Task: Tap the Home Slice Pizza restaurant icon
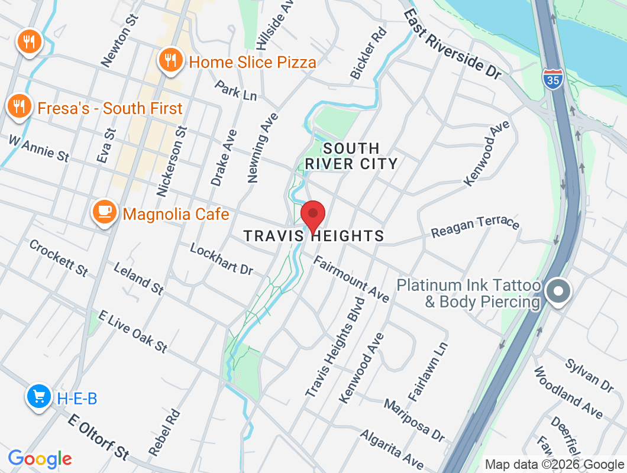click(170, 59)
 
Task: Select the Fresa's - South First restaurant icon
click(20, 106)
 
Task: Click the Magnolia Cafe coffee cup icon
click(105, 211)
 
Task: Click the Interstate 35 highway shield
click(552, 79)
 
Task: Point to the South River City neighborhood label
click(351, 156)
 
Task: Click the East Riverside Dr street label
click(453, 44)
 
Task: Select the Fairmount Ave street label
click(351, 279)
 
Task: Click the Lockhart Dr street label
click(221, 258)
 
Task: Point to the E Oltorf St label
click(98, 438)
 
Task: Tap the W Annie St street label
click(38, 148)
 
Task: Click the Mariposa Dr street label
click(414, 420)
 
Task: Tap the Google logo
click(40, 459)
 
